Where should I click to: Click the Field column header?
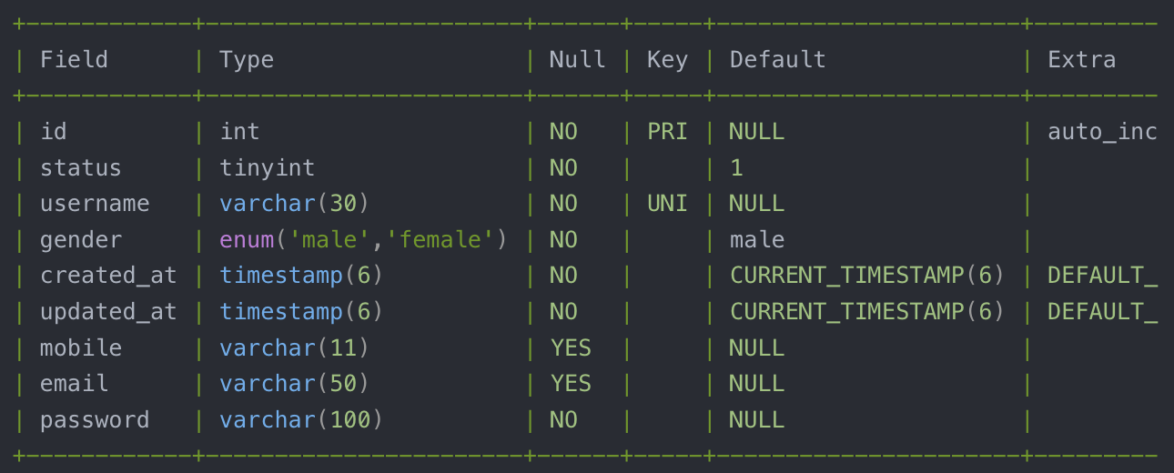click(74, 60)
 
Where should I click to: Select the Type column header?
click(247, 60)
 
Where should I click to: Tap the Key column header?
click(667, 60)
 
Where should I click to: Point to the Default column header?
click(777, 60)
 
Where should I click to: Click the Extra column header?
click(1081, 60)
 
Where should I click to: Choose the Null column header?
click(577, 60)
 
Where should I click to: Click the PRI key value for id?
click(667, 132)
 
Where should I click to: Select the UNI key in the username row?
click(667, 204)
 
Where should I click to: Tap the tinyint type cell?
click(268, 168)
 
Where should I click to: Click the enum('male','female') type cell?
click(363, 240)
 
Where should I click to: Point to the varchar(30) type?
click(294, 204)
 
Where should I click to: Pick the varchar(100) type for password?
click(300, 420)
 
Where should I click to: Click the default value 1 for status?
click(736, 168)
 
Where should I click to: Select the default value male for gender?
click(756, 240)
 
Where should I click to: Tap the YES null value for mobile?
click(571, 348)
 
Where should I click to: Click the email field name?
click(74, 384)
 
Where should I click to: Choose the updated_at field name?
click(108, 312)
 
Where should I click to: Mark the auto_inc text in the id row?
click(1102, 132)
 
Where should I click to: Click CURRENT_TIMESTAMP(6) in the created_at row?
click(866, 276)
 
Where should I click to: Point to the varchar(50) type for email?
click(294, 384)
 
